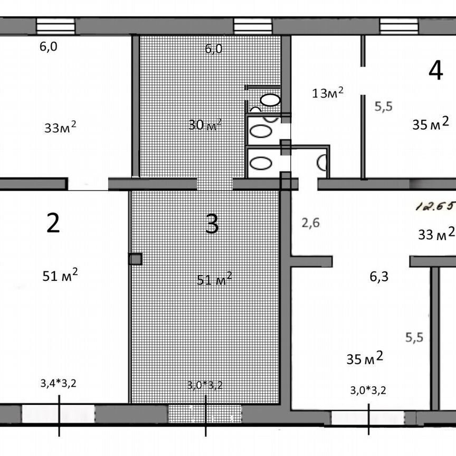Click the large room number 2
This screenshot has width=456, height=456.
coord(53,223)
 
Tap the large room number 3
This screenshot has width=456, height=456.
coord(212,223)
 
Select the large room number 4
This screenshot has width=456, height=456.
coord(436,70)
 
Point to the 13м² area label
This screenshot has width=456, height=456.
coord(328,92)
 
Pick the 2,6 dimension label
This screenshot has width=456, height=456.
coord(310,223)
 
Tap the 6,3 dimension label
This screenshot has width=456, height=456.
coord(379,276)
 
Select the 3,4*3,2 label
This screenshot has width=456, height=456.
coord(59,383)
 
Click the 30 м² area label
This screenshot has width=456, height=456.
coord(205,125)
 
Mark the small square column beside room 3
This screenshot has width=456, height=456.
coord(135,259)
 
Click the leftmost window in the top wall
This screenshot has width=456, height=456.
coord(55,26)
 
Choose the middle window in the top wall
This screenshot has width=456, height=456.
coord(253,26)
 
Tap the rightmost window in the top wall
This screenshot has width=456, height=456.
coord(399,26)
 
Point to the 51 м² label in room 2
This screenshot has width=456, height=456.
coord(60,275)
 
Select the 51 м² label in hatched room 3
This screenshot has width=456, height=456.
coord(214,279)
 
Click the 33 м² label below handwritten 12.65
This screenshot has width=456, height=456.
coord(436,233)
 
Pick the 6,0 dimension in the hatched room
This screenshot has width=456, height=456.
coord(214,49)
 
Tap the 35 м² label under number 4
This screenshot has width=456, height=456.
coord(431,123)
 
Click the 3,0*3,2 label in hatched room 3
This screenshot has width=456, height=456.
coord(205,385)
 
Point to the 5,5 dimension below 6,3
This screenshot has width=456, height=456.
coord(414,337)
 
